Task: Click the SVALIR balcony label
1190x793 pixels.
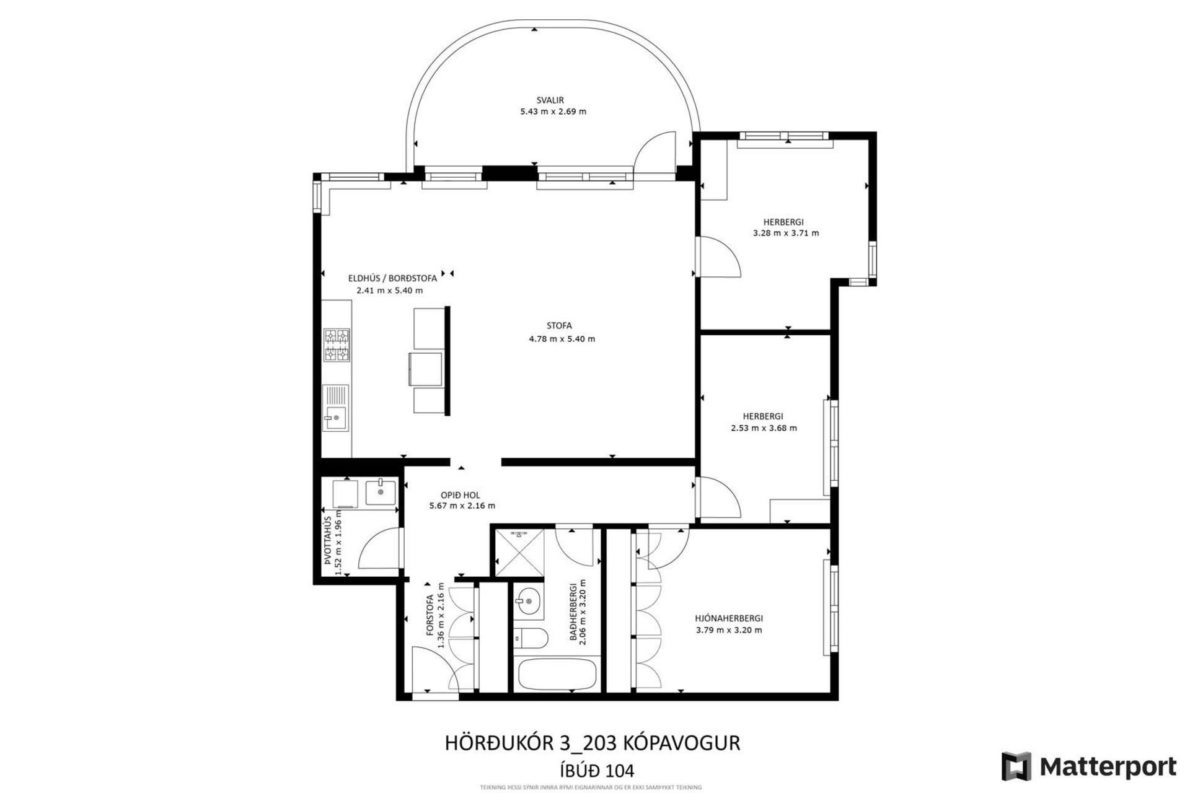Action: click(550, 100)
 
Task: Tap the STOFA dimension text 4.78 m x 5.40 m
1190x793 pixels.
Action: click(562, 339)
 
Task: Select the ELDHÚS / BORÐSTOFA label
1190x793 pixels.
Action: click(392, 278)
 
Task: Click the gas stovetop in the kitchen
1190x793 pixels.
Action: click(337, 345)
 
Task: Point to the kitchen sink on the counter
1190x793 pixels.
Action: click(335, 408)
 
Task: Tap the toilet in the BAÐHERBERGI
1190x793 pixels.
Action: click(532, 637)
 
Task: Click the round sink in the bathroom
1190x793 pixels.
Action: click(528, 600)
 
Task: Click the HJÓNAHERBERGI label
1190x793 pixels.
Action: click(728, 618)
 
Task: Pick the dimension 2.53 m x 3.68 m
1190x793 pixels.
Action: click(764, 428)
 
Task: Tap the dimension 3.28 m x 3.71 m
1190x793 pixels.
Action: click(785, 234)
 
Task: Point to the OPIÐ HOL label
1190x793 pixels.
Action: click(460, 495)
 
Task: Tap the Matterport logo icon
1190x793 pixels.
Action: click(1016, 766)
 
